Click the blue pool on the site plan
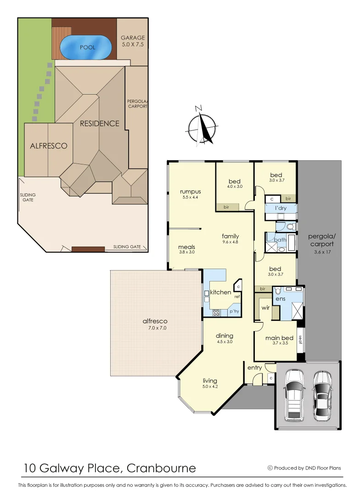[x=87, y=47]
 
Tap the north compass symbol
[x=202, y=126]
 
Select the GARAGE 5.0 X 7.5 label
[x=133, y=41]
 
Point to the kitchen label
[x=220, y=292]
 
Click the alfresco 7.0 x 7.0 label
[x=155, y=324]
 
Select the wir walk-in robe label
[x=265, y=307]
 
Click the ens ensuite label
[x=279, y=299]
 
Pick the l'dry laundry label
[x=281, y=208]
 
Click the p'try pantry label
[x=234, y=311]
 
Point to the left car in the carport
[x=294, y=395]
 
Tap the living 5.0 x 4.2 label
[x=210, y=383]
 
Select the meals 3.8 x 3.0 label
[x=186, y=249]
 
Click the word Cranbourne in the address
[x=161, y=468]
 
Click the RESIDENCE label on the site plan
[x=99, y=123]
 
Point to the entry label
[x=254, y=368]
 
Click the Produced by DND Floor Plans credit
[x=304, y=468]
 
